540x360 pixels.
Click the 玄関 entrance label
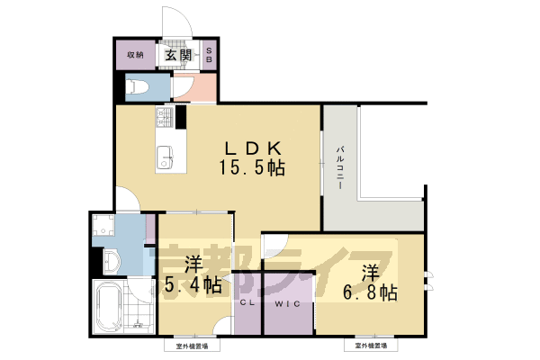pyautogui.click(x=177, y=56)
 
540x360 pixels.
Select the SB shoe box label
pyautogui.click(x=211, y=55)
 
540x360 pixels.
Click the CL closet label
pyautogui.click(x=247, y=302)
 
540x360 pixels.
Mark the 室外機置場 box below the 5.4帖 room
pyautogui.click(x=192, y=345)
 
